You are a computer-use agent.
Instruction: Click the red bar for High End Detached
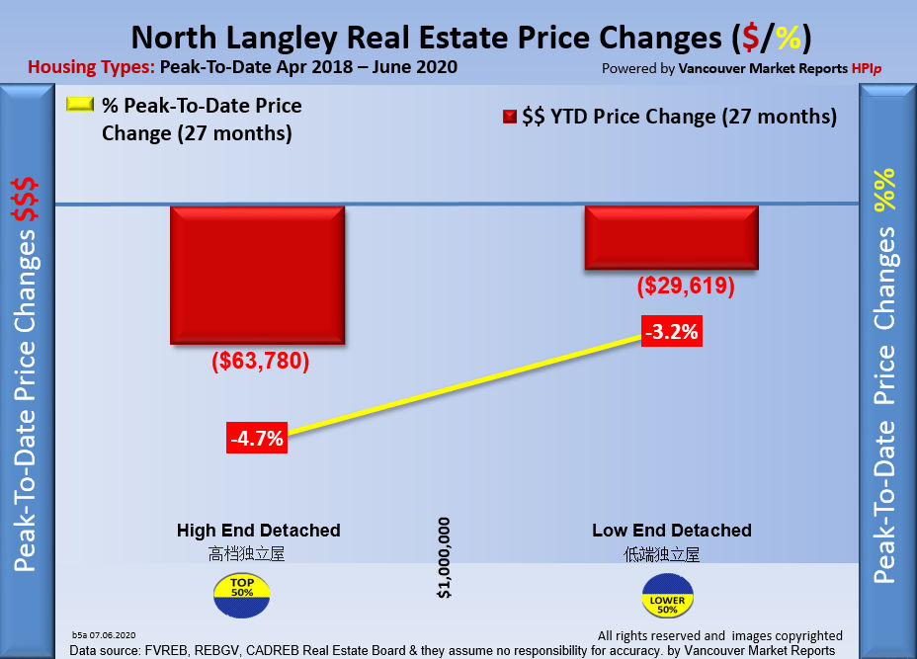click(258, 275)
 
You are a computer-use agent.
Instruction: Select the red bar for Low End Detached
click(671, 237)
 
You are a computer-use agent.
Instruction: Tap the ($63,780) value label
click(260, 362)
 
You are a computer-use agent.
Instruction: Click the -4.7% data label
click(257, 439)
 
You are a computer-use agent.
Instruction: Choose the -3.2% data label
click(671, 332)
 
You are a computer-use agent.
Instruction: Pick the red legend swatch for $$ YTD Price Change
click(510, 117)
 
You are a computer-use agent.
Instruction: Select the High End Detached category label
click(259, 531)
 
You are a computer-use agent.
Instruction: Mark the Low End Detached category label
click(672, 531)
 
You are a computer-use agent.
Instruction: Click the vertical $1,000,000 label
click(445, 557)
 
